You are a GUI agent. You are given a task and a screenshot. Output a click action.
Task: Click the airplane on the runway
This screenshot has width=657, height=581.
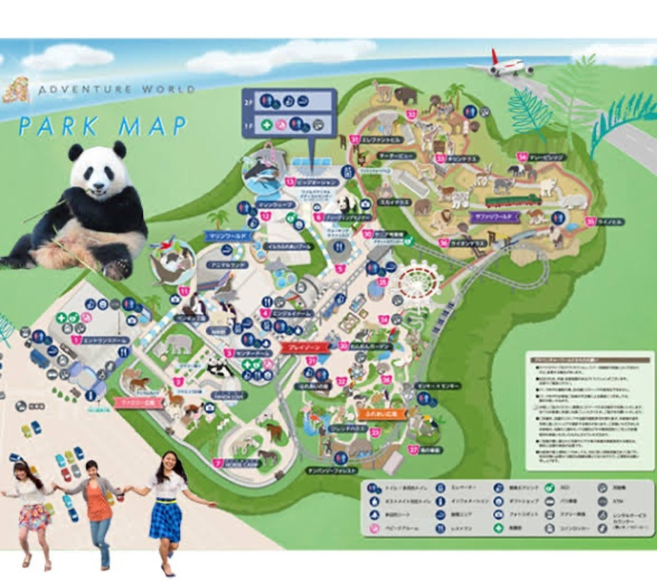pyautogui.click(x=510, y=65)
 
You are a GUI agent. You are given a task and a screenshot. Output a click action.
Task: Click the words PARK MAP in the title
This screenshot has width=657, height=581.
pyautogui.click(x=103, y=126)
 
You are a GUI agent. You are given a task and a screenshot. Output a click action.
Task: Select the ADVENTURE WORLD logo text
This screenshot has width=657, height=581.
pyautogui.click(x=116, y=90)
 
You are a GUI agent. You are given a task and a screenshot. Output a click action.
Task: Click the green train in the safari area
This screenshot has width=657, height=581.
pyautogui.click(x=513, y=201)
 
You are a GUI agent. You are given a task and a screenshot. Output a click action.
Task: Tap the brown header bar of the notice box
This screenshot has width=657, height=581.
pyautogui.click(x=589, y=356)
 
